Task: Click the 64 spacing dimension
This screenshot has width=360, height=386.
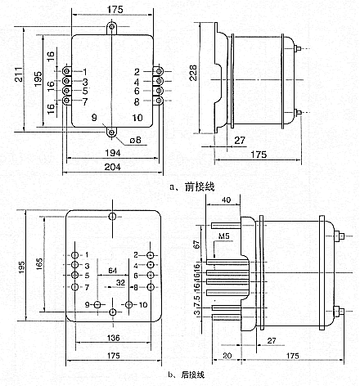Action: coord(113,269)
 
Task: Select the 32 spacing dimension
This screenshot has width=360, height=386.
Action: coord(120,282)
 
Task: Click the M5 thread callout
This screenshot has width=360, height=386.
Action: coord(225,237)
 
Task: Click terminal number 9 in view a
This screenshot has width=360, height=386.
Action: coord(95,118)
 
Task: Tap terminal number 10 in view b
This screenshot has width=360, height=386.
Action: coord(144,305)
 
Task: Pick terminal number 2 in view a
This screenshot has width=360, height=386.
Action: coord(137,72)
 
